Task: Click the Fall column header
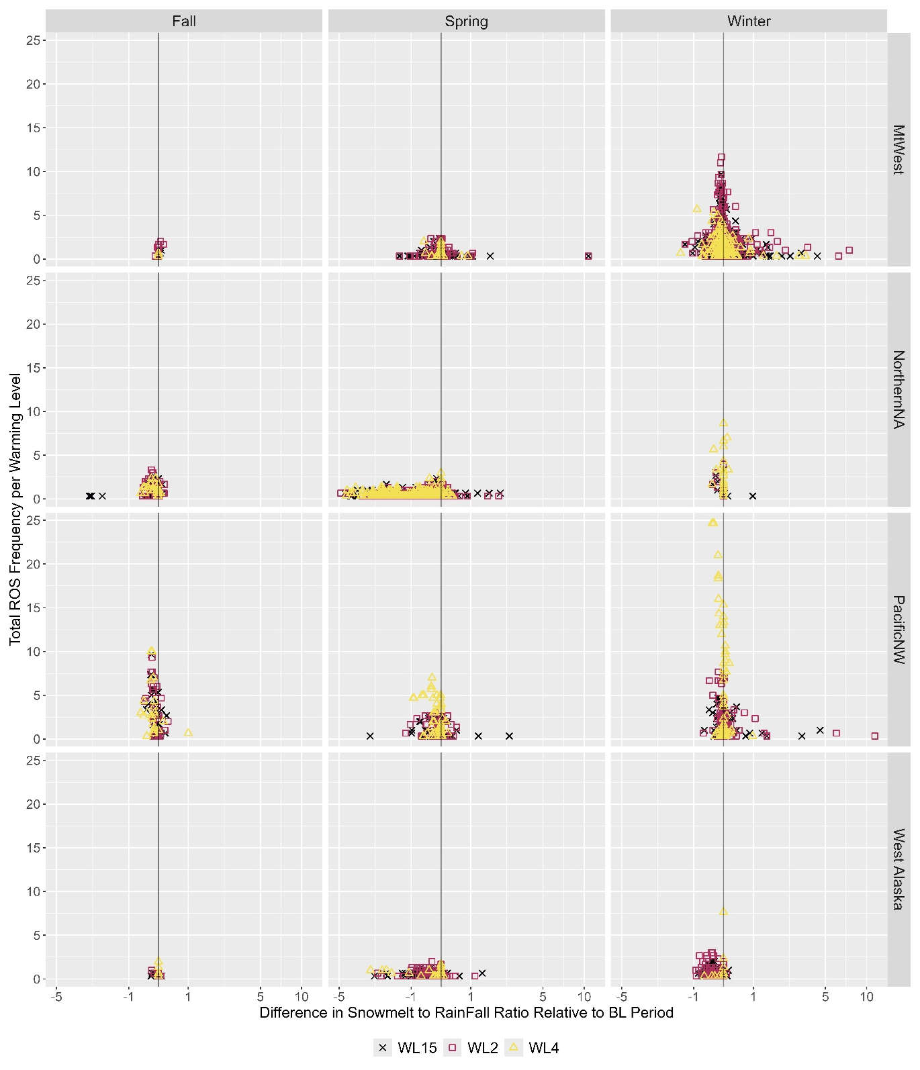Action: (x=184, y=21)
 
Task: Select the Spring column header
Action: (x=466, y=21)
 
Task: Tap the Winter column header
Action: (x=749, y=21)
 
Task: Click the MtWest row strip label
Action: (x=899, y=150)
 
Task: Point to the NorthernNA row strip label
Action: (x=899, y=389)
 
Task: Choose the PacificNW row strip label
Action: (x=899, y=629)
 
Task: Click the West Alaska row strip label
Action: (x=899, y=869)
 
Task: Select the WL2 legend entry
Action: (x=474, y=1048)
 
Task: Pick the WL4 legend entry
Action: (x=535, y=1048)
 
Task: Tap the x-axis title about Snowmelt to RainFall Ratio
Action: (x=466, y=1013)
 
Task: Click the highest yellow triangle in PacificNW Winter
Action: (x=712, y=522)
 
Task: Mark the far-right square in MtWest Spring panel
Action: (x=588, y=256)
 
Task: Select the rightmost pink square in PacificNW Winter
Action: (x=874, y=736)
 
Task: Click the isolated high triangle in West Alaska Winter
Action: (x=723, y=912)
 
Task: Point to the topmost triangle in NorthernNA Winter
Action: (x=723, y=423)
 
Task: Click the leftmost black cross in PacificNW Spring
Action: (x=370, y=736)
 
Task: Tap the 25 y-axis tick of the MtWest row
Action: (x=33, y=40)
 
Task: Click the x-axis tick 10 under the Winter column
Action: (x=867, y=997)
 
